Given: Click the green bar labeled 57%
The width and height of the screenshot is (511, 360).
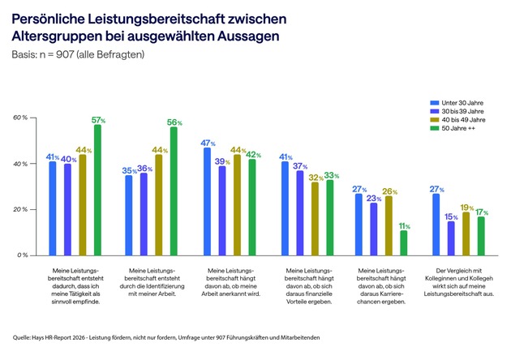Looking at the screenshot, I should (98, 190).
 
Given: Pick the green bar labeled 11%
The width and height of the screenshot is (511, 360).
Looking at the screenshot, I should (404, 242).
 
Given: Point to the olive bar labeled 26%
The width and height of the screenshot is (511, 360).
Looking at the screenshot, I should (389, 225).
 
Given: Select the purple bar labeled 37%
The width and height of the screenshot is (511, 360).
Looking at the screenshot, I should (300, 212).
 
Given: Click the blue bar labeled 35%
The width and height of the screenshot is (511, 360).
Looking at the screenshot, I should (129, 215).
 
